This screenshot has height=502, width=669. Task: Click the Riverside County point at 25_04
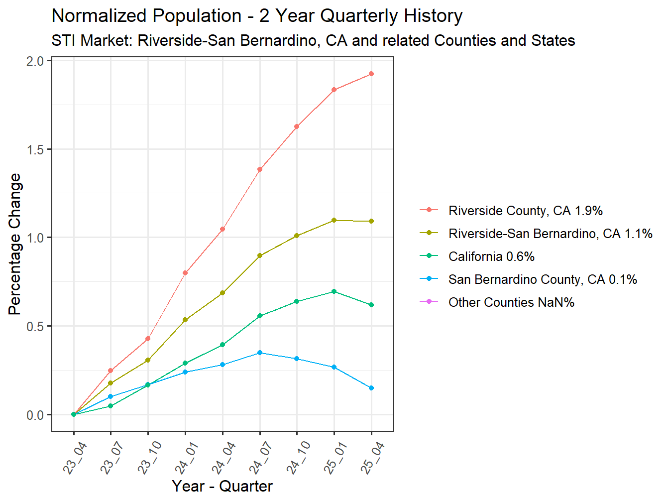pyautogui.click(x=371, y=74)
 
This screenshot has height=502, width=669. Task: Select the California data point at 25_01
pyautogui.click(x=334, y=291)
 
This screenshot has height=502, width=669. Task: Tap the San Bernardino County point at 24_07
pyautogui.click(x=260, y=353)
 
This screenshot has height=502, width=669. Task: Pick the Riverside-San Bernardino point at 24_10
pyautogui.click(x=297, y=236)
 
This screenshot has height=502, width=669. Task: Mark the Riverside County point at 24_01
pyautogui.click(x=185, y=273)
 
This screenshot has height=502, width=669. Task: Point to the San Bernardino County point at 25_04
pyautogui.click(x=371, y=388)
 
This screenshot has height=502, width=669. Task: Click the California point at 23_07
pyautogui.click(x=111, y=406)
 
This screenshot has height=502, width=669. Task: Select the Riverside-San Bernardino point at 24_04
pyautogui.click(x=223, y=293)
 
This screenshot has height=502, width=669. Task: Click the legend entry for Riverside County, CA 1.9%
pyautogui.click(x=525, y=211)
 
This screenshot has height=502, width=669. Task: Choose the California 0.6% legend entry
pyautogui.click(x=491, y=256)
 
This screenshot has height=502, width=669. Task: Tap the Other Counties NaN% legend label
pyautogui.click(x=511, y=302)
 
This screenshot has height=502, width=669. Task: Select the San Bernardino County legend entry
pyautogui.click(x=543, y=279)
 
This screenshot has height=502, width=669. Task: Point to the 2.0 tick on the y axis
pyautogui.click(x=35, y=61)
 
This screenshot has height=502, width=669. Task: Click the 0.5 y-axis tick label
pyautogui.click(x=35, y=327)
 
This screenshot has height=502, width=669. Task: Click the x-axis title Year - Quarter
pyautogui.click(x=222, y=486)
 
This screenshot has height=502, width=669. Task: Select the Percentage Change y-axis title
pyautogui.click(x=15, y=244)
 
